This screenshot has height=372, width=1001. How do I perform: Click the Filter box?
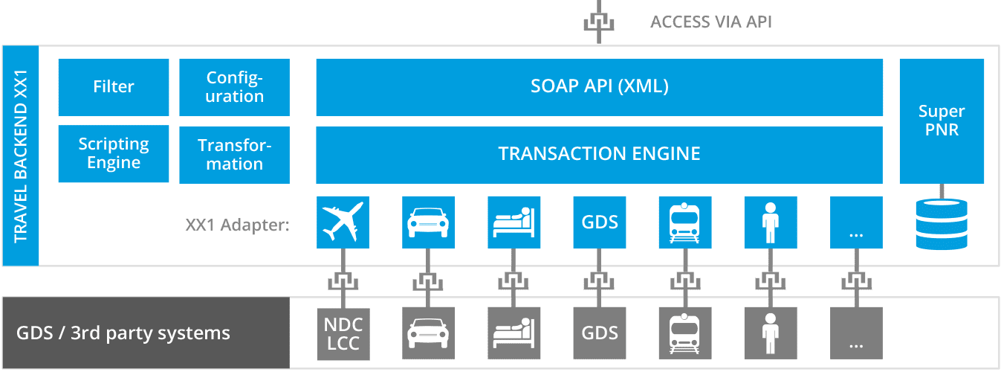click(x=114, y=87)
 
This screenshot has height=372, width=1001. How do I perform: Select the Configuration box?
click(x=235, y=87)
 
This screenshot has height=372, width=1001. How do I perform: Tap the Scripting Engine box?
click(x=114, y=153)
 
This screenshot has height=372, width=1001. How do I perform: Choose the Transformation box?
click(x=235, y=154)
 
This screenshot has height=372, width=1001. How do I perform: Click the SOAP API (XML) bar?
click(x=599, y=87)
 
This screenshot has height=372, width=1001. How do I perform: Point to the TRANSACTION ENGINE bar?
click(x=599, y=154)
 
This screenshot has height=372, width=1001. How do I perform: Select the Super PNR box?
click(x=942, y=121)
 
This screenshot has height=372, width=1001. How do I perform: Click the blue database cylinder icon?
click(x=942, y=222)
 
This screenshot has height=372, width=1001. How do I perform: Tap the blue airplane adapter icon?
click(x=343, y=222)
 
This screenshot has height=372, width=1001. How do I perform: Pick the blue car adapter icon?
click(x=428, y=222)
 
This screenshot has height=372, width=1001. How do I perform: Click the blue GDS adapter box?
click(x=600, y=222)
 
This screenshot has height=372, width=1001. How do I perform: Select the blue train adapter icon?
click(x=685, y=222)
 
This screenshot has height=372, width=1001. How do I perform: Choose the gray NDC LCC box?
click(x=343, y=333)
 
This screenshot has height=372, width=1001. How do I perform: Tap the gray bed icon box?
click(x=514, y=333)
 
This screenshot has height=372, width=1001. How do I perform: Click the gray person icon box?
click(x=771, y=333)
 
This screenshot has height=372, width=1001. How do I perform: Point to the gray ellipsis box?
click(x=856, y=333)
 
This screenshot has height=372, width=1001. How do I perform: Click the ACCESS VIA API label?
click(x=711, y=22)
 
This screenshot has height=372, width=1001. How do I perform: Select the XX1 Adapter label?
click(x=237, y=224)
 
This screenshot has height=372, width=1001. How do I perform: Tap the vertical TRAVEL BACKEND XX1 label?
click(x=21, y=155)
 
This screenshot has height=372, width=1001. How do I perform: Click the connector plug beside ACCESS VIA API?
click(x=599, y=22)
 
